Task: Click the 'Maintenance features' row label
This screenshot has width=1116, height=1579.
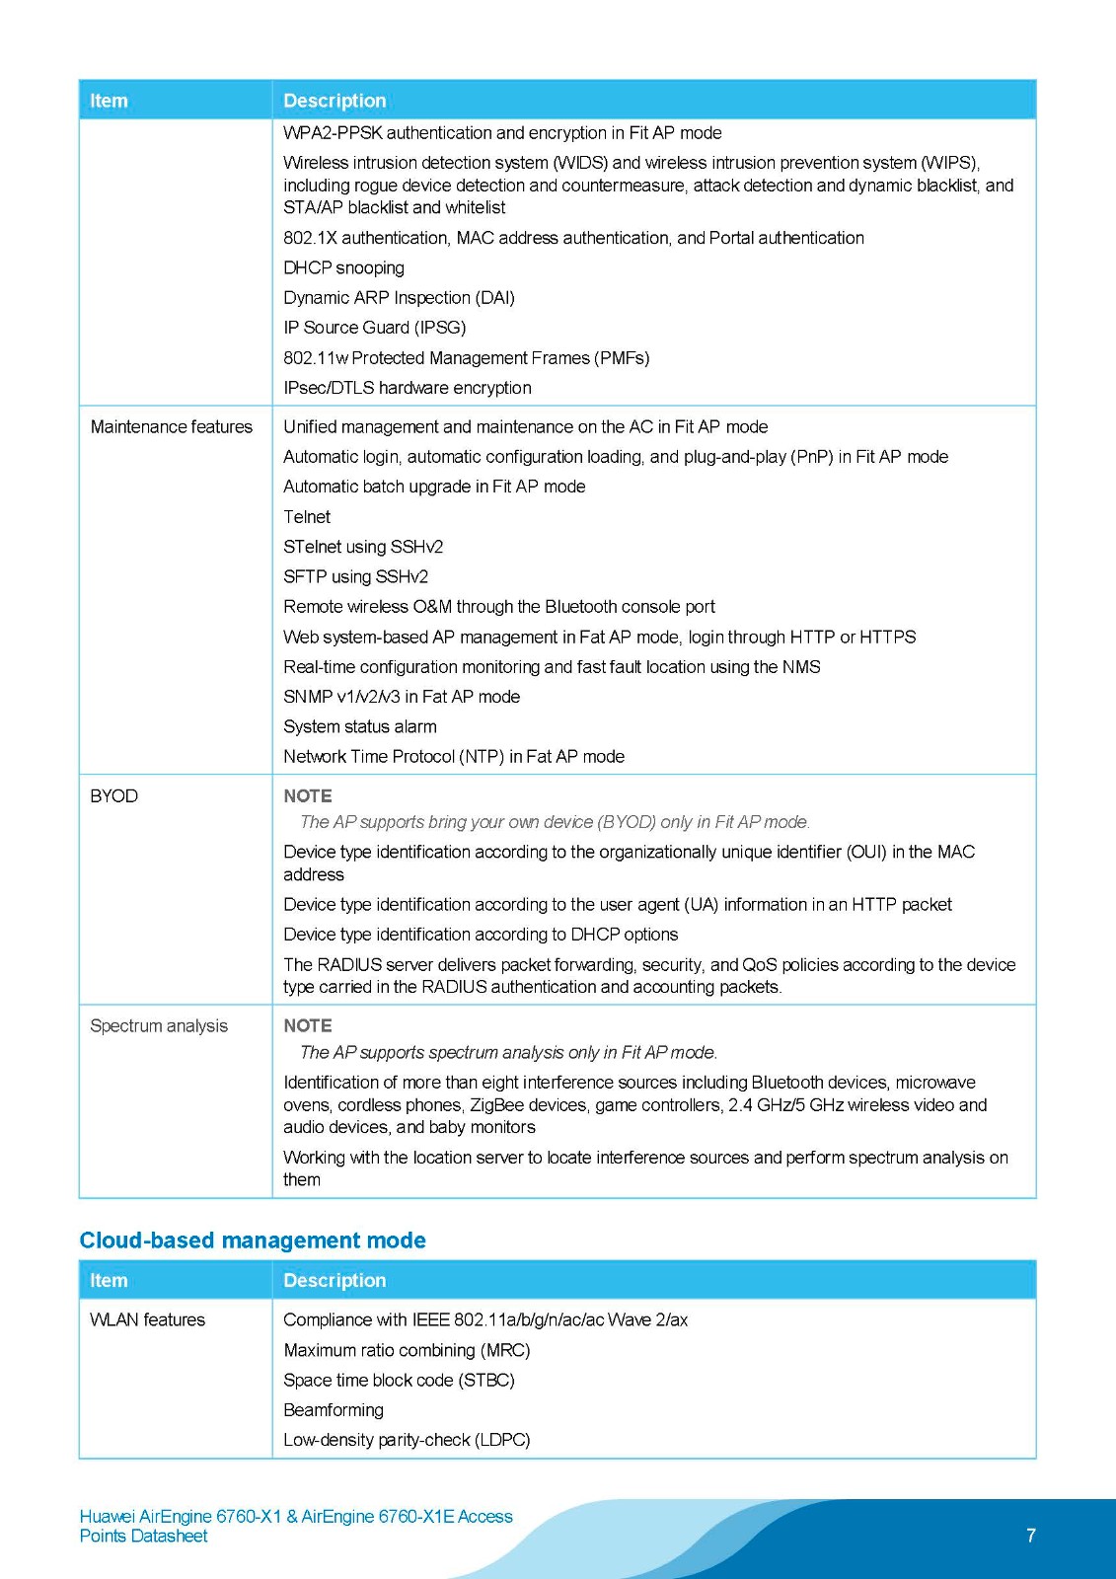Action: coord(171,426)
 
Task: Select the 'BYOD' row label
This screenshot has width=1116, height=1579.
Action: coord(113,795)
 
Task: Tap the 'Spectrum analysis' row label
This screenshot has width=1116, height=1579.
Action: coord(158,1025)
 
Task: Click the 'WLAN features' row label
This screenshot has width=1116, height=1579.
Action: coord(147,1319)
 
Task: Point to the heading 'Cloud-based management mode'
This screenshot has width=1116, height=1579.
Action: coord(253,1241)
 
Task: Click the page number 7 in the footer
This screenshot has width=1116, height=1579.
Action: coord(1030,1535)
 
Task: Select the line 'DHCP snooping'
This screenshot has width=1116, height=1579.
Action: coord(343,267)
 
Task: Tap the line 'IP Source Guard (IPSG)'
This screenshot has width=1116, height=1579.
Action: coord(374,327)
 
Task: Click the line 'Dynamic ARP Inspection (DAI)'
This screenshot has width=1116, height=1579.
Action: coord(399,297)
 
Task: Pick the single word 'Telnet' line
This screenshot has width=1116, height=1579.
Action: coord(307,516)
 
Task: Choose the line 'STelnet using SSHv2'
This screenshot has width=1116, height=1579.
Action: coord(363,546)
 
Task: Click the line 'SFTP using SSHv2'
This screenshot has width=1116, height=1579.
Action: coord(355,576)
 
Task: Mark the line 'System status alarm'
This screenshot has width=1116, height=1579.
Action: coord(359,726)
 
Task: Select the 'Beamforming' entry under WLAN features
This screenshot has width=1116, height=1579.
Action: coord(333,1409)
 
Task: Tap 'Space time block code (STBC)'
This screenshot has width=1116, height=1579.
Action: coord(399,1380)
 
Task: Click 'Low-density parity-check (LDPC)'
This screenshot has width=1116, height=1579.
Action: coord(407,1440)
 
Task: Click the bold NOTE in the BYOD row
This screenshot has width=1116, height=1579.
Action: coord(307,795)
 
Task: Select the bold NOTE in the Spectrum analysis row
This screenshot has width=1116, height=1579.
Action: coord(307,1025)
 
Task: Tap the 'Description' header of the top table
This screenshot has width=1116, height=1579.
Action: coord(335,101)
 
